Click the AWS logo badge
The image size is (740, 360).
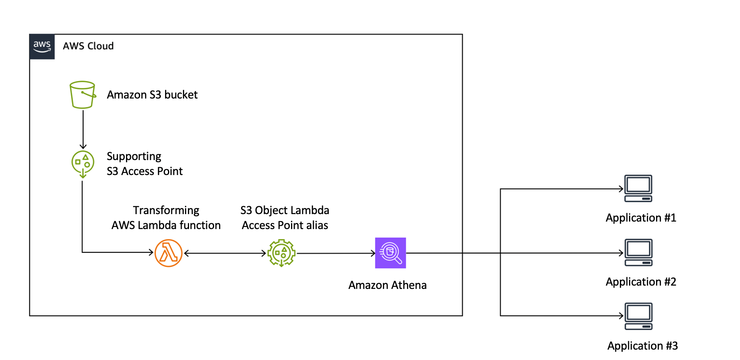click(42, 47)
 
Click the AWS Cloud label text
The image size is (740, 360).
click(88, 46)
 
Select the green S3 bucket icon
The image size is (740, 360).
click(82, 95)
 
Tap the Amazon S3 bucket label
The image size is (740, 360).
click(152, 95)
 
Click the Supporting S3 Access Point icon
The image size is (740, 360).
click(83, 163)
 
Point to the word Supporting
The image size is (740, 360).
click(134, 156)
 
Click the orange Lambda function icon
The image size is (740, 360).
click(168, 253)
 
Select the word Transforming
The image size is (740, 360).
click(166, 210)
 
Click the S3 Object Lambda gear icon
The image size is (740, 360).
click(281, 253)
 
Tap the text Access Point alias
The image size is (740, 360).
click(285, 225)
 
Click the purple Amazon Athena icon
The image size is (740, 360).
click(390, 253)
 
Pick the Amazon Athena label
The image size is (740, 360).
click(387, 285)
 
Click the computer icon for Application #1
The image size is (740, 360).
click(638, 188)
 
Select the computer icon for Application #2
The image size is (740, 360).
click(638, 252)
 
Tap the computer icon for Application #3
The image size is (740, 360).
click(638, 316)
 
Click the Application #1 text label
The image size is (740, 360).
click(641, 218)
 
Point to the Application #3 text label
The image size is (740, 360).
click(642, 346)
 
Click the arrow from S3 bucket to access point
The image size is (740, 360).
click(83, 129)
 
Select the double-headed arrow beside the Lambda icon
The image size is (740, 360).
click(225, 253)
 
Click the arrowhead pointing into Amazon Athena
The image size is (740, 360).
click(373, 253)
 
